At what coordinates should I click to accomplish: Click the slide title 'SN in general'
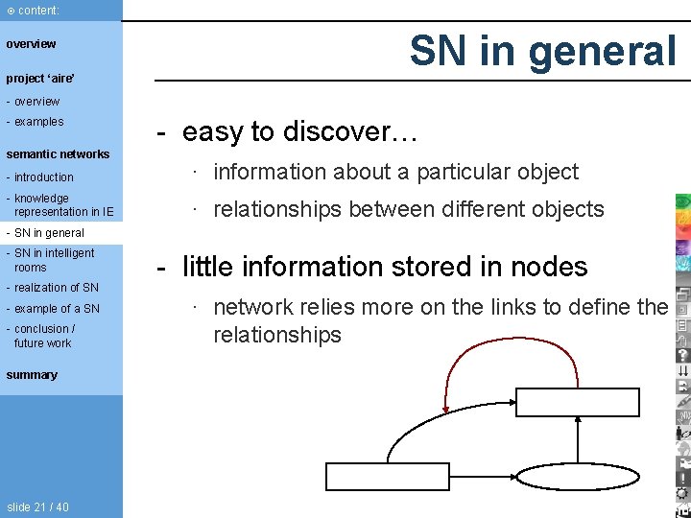pos(543,51)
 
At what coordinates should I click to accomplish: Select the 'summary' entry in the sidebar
pos(32,375)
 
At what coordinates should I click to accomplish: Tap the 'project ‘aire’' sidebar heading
pos(40,78)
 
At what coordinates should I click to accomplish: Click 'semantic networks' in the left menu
pos(58,154)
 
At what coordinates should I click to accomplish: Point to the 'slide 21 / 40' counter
pos(37,507)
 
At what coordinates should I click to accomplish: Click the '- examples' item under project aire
pos(36,122)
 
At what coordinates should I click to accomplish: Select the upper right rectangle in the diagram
pos(578,402)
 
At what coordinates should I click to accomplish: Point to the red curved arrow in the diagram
pos(499,354)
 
